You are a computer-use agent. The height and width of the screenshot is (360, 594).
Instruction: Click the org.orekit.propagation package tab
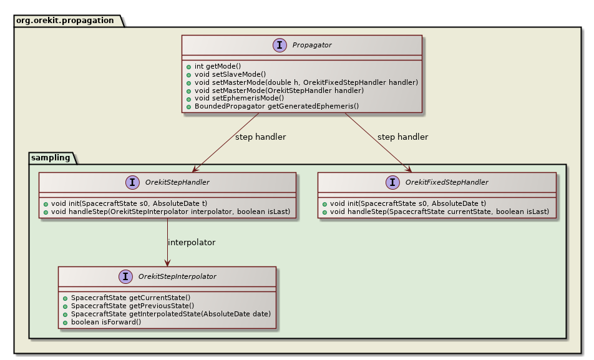tap(64, 20)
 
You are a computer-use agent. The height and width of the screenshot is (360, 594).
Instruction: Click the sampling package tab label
tap(51, 157)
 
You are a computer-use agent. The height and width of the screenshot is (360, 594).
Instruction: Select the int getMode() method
tap(218, 66)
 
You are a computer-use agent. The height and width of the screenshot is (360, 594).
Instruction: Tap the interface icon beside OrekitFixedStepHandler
tap(392, 182)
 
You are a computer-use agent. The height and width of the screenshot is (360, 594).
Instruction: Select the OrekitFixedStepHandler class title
tap(447, 182)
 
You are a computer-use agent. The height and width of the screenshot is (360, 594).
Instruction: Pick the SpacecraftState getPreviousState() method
tap(133, 306)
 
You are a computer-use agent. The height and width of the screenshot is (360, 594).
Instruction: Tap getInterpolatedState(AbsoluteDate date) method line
tap(171, 314)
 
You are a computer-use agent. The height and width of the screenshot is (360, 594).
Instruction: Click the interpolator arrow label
tap(192, 242)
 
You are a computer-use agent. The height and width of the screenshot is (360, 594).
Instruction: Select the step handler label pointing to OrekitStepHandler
tap(260, 137)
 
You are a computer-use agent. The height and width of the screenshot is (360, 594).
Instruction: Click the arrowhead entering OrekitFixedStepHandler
tap(409, 169)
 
